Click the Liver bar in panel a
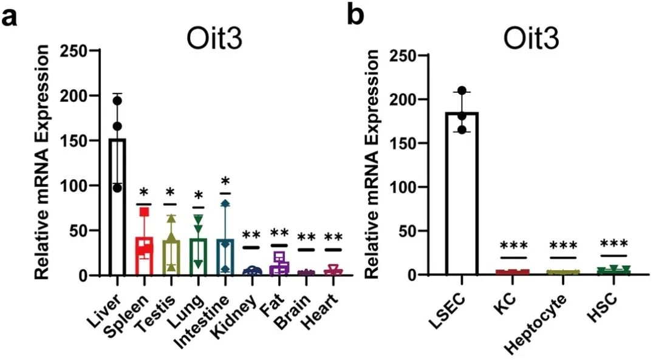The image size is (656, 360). (x=117, y=206)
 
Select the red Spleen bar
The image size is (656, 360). (x=144, y=256)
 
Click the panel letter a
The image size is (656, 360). (x=10, y=17)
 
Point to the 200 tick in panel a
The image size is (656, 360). (x=79, y=96)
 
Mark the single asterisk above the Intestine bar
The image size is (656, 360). (x=225, y=181)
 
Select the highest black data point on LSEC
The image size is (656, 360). (x=463, y=91)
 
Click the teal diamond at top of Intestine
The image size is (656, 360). (x=225, y=204)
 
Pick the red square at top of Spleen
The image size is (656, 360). (x=145, y=211)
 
